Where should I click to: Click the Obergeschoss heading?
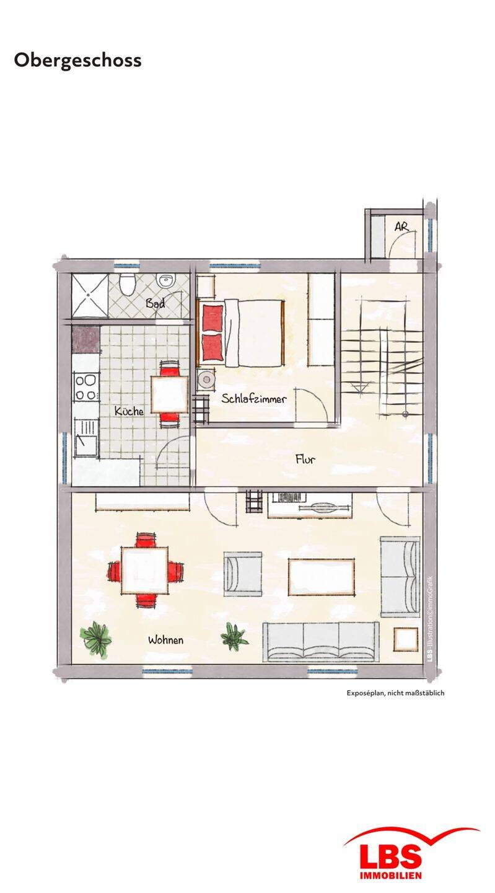coord(77,61)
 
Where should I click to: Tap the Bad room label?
coord(155,303)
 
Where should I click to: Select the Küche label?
coord(129,411)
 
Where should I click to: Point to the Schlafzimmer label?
coord(253,399)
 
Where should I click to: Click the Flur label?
coord(305,460)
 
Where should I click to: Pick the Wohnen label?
coord(165,640)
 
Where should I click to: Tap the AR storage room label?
coord(401,226)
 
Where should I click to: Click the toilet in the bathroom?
coord(128,283)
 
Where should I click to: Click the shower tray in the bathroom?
coord(90,295)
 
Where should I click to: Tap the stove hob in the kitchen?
coord(86,387)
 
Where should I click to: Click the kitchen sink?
coord(86,438)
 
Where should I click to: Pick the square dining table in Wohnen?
coord(144,571)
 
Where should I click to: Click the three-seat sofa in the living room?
coord(320,642)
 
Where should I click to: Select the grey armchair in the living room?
coord(242,574)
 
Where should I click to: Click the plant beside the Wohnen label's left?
coord(95,636)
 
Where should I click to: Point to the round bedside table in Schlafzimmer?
coord(206,380)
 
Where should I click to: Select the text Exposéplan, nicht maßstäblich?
coord(395,693)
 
